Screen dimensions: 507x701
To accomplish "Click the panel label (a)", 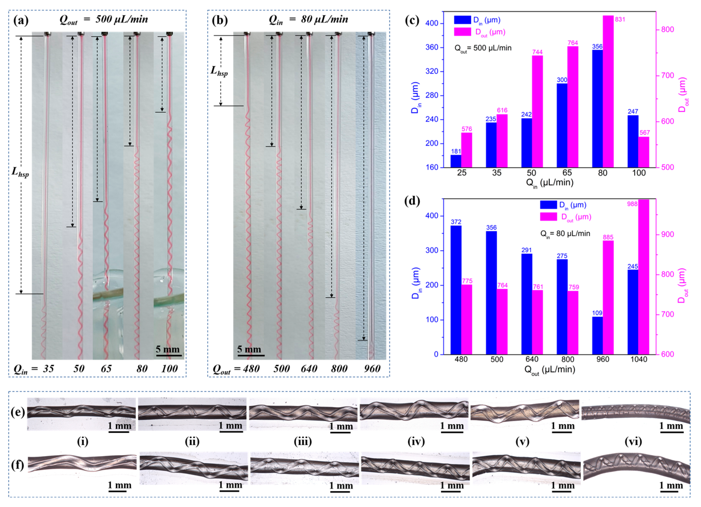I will [21, 20].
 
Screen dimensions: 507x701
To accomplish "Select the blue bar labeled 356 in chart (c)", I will [597, 108].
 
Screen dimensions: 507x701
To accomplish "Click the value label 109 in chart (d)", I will [597, 313].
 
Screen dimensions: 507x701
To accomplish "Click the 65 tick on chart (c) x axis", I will [567, 173].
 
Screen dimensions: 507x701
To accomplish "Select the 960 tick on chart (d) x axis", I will [602, 359].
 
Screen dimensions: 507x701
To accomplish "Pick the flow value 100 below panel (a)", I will [169, 369].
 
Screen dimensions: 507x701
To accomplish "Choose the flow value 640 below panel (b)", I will [309, 369].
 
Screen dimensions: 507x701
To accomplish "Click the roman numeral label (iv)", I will [416, 442].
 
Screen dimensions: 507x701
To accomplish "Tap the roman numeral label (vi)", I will [633, 442].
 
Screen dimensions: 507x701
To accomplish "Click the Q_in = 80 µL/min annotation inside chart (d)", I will [565, 234].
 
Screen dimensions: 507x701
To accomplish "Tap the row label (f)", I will [18, 465].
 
